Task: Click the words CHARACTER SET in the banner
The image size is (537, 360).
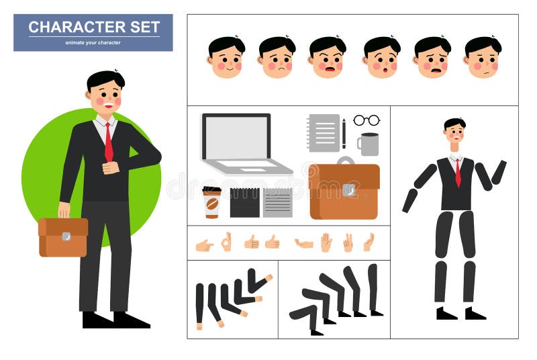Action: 94,28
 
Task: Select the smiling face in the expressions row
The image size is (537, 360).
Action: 226,58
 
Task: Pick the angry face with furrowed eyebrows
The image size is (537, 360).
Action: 328,58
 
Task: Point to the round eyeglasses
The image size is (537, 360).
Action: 367,120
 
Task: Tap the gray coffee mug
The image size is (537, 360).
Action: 368,144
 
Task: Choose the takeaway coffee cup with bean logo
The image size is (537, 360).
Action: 211,202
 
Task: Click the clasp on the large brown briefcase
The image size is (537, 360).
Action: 348,190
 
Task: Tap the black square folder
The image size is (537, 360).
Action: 244,202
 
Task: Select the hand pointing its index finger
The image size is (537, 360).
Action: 204,245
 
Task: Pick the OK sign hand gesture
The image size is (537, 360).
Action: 226,242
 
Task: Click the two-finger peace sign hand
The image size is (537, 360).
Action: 348,242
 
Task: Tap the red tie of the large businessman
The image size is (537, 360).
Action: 108,143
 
